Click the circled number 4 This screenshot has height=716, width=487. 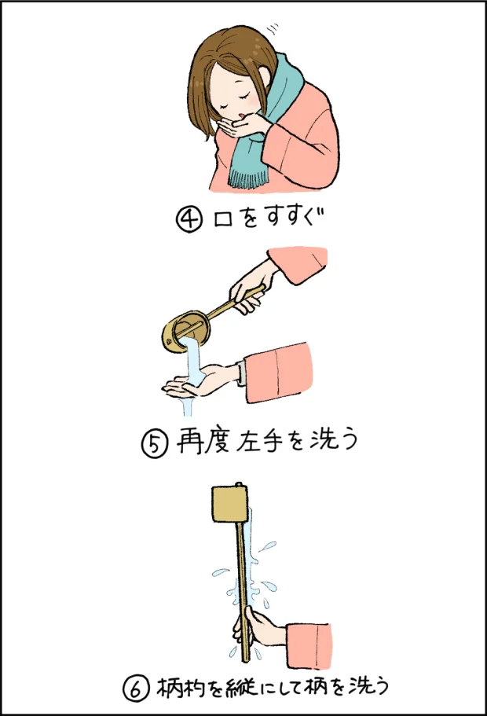(x=190, y=218)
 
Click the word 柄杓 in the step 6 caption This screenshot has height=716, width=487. (x=180, y=688)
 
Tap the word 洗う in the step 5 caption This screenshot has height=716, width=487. (x=334, y=442)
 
